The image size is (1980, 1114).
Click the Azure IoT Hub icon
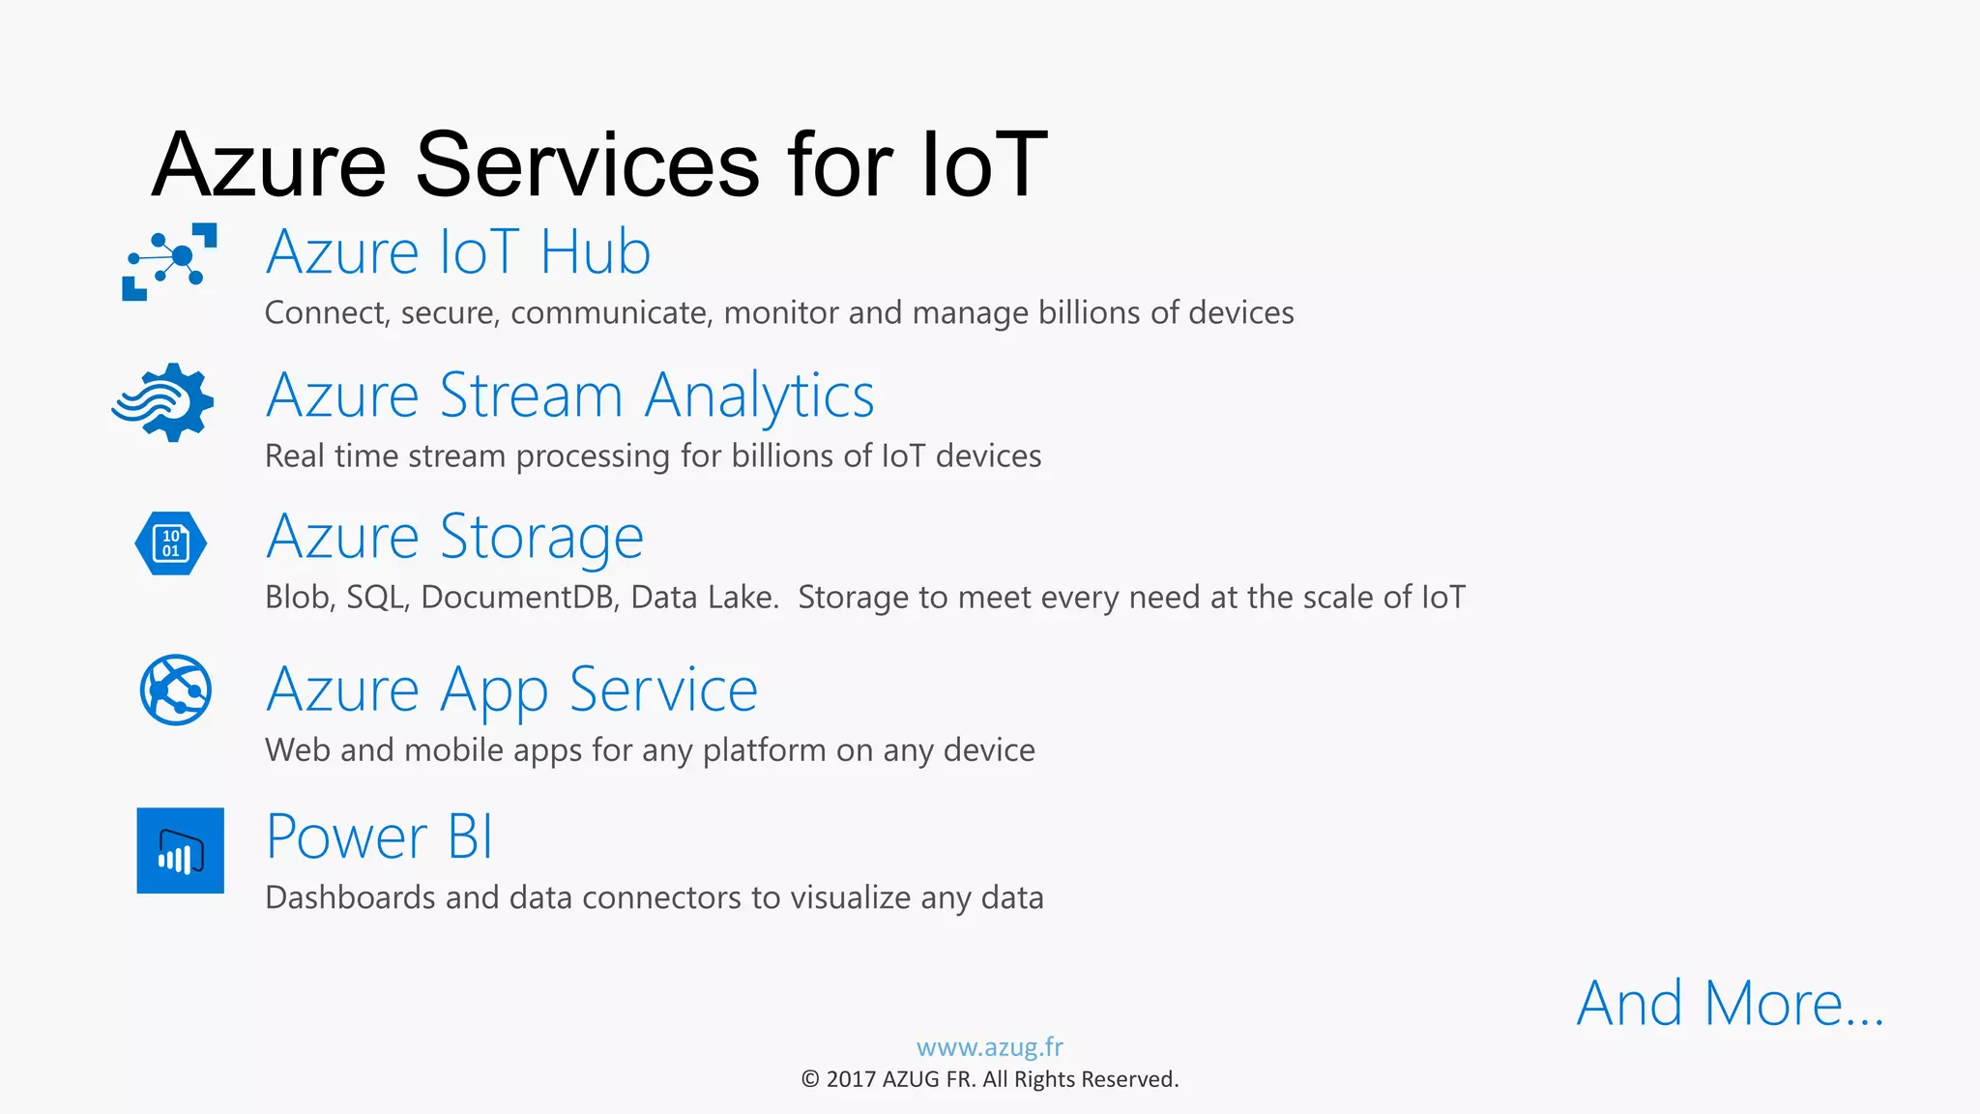point(170,261)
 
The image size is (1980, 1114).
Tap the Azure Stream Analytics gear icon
point(164,402)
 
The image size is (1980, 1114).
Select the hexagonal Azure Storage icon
point(171,543)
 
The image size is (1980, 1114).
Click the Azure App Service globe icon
point(175,689)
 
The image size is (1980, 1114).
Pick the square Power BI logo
point(180,850)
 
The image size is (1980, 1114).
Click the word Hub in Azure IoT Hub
point(595,252)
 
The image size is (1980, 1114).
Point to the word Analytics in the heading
point(759,396)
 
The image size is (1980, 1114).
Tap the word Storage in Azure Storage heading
point(541,538)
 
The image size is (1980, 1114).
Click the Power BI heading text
point(379,836)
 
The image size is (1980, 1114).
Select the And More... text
point(1730,1004)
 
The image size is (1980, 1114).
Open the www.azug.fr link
point(989,1047)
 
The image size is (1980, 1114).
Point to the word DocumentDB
point(517,598)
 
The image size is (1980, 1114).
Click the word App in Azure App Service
point(493,691)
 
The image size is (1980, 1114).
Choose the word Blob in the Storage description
point(299,598)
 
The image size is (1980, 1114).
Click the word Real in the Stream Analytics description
point(294,455)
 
